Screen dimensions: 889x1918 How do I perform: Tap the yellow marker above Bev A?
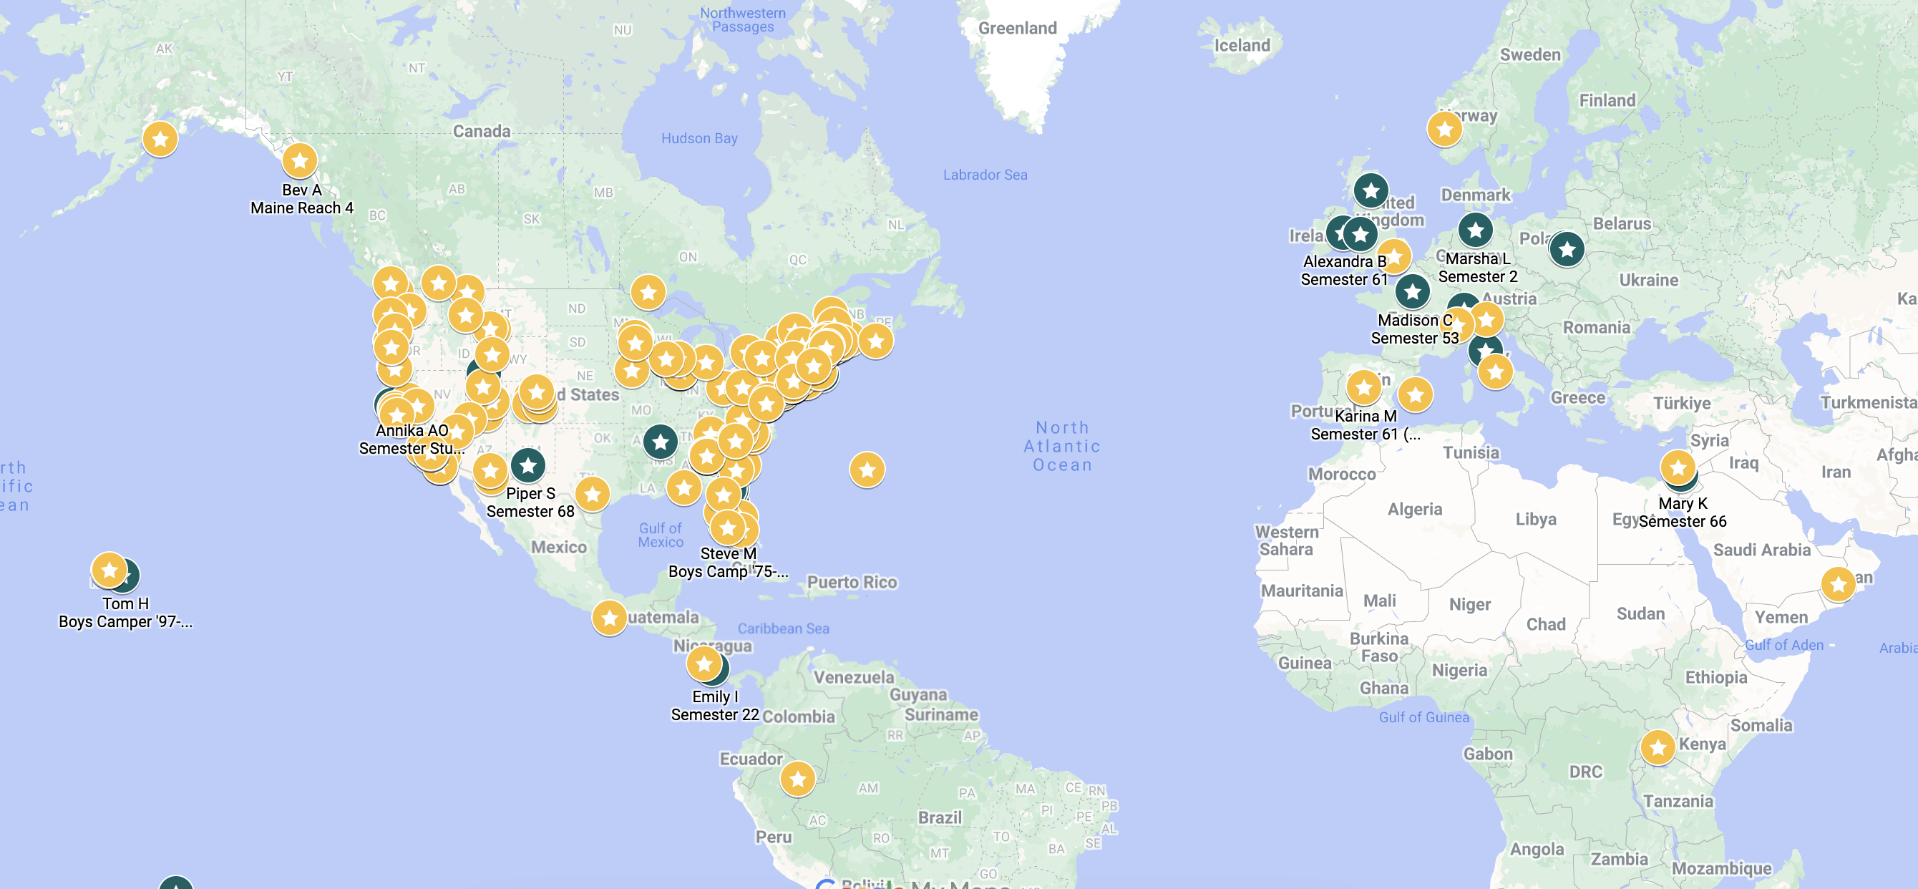(x=299, y=161)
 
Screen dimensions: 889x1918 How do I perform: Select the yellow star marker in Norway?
(x=1444, y=130)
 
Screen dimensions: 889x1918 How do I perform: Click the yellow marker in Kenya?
(x=1657, y=747)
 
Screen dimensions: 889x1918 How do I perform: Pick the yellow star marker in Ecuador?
(x=797, y=779)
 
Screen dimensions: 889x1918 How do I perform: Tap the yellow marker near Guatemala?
(x=609, y=618)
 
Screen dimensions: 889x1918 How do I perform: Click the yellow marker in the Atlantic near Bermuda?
(x=867, y=470)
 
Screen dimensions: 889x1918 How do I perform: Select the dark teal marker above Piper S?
(x=528, y=466)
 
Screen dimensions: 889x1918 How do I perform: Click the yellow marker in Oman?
(x=1838, y=584)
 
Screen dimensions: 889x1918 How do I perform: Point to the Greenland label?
(x=1017, y=29)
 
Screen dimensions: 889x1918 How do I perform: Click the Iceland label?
(x=1242, y=45)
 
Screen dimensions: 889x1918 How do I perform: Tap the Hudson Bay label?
(x=699, y=138)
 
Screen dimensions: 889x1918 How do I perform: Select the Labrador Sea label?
(x=984, y=175)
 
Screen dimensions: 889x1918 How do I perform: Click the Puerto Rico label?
(x=852, y=582)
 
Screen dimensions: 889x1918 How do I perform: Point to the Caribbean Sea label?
(x=782, y=628)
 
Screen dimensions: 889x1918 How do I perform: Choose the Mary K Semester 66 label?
(x=1682, y=512)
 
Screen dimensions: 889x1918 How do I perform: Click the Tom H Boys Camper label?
(x=125, y=612)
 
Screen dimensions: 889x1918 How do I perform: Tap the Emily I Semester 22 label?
(x=715, y=705)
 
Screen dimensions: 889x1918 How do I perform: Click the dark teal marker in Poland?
(x=1567, y=249)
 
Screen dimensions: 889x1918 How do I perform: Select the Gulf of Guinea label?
(x=1423, y=717)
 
